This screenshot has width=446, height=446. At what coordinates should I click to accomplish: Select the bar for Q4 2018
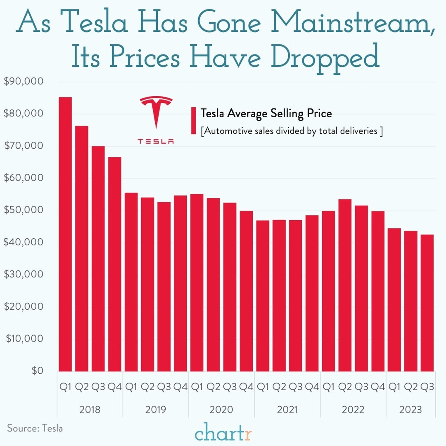[115, 264]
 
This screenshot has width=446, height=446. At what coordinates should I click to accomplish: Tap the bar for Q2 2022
[345, 285]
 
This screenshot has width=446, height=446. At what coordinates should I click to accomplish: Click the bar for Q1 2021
[263, 296]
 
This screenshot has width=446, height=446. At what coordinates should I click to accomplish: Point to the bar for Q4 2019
[180, 283]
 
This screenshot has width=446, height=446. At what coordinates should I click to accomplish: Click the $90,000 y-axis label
[23, 82]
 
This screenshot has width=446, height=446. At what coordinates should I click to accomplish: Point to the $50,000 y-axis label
[23, 210]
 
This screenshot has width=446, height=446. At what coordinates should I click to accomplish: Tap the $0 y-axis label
[36, 371]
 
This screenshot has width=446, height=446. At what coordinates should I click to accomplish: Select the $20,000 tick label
[23, 306]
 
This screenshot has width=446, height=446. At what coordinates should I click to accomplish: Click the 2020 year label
[221, 410]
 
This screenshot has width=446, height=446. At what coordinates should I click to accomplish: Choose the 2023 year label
[410, 410]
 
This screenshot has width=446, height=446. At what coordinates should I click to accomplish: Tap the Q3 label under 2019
[164, 387]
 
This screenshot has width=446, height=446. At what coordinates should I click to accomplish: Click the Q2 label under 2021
[279, 387]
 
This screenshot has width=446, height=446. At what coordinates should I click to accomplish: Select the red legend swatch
[193, 121]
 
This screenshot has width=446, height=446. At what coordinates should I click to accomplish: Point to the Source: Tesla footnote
[35, 428]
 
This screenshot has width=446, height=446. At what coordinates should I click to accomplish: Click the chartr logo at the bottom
[223, 434]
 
